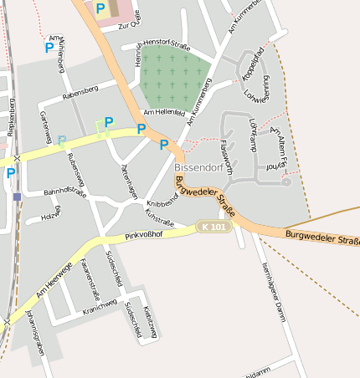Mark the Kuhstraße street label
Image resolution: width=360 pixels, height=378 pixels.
(159, 218)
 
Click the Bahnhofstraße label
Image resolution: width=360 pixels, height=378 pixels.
(65, 193)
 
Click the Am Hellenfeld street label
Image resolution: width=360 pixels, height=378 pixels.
(164, 111)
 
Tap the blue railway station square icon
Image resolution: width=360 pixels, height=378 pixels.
(17, 197)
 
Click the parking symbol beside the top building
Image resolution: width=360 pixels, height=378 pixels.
(100, 8)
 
